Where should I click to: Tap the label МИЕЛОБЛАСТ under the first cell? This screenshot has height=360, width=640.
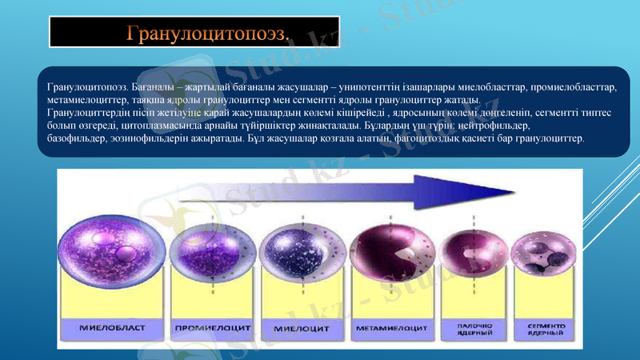pyautogui.click(x=113, y=327)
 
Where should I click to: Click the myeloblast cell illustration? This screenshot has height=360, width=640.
pyautogui.click(x=116, y=241)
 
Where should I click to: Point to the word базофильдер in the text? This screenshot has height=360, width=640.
pyautogui.click(x=77, y=139)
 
